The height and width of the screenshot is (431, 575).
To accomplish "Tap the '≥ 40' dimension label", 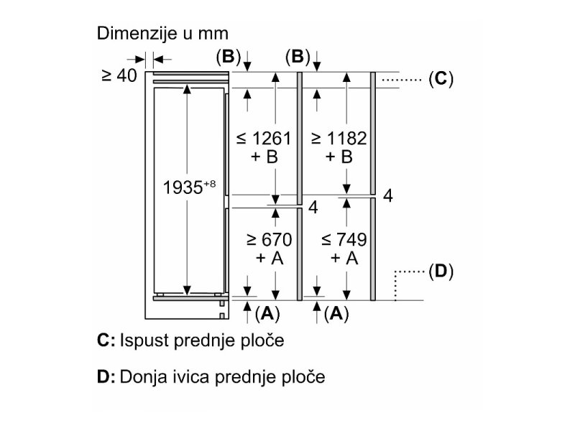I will [119, 75].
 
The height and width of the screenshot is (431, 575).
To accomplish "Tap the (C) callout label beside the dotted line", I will [441, 79].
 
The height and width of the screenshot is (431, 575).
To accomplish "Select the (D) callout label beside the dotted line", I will [439, 272].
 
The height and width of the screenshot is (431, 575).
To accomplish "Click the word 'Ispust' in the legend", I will [142, 340].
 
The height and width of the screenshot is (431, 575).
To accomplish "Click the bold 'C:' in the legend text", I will [106, 340].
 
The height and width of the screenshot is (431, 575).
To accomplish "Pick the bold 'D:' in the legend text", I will [106, 376].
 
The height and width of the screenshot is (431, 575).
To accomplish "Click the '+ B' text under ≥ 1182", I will [338, 157].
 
